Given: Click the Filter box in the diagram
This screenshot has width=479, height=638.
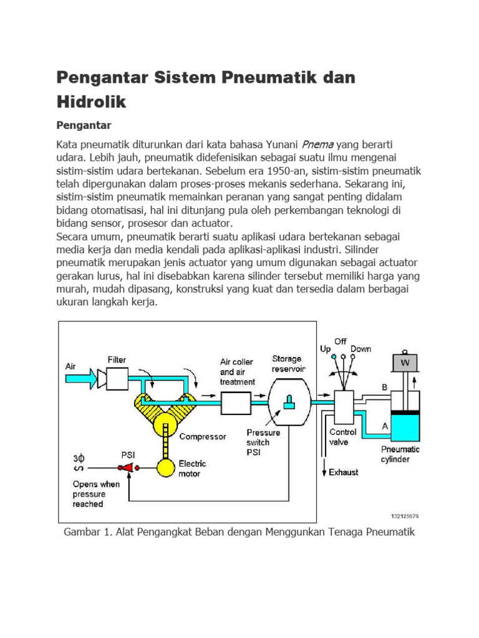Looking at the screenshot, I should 117,378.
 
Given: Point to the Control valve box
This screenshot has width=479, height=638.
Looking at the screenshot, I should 344,408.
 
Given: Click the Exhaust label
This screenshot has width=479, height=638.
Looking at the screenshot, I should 344,472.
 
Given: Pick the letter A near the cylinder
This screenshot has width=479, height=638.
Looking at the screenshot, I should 385,426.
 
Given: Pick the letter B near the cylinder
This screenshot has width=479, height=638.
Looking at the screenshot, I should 385,387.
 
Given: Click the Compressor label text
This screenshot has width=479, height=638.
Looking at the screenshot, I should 203,437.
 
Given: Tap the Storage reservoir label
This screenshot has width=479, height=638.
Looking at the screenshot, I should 287,363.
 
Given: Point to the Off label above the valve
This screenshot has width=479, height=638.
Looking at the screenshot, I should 340,341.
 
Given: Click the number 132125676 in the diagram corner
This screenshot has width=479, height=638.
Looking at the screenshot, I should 405,515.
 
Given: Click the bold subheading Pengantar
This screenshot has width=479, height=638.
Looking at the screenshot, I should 84,125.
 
